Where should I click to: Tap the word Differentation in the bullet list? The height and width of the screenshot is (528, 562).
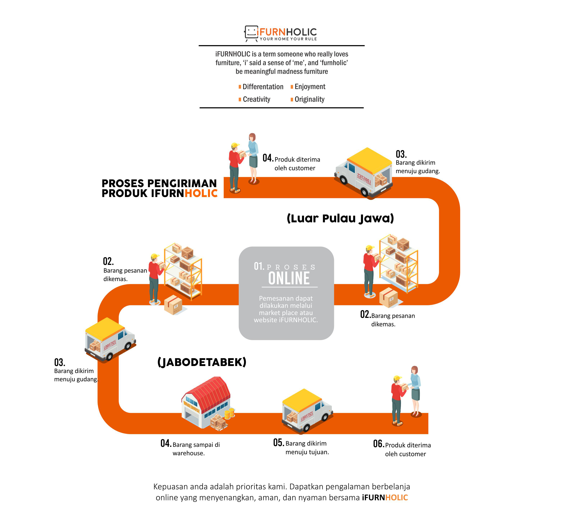[263, 87]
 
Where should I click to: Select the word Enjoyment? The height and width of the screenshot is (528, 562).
[310, 87]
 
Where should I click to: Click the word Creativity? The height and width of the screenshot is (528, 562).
[256, 99]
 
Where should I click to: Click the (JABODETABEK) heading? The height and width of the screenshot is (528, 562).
[202, 362]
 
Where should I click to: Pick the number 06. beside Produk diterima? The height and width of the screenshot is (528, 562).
[378, 444]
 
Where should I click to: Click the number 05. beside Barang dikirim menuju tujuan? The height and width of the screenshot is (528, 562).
[278, 443]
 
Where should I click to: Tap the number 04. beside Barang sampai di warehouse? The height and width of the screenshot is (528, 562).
[166, 443]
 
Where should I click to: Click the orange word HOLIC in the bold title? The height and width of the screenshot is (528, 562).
[201, 194]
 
